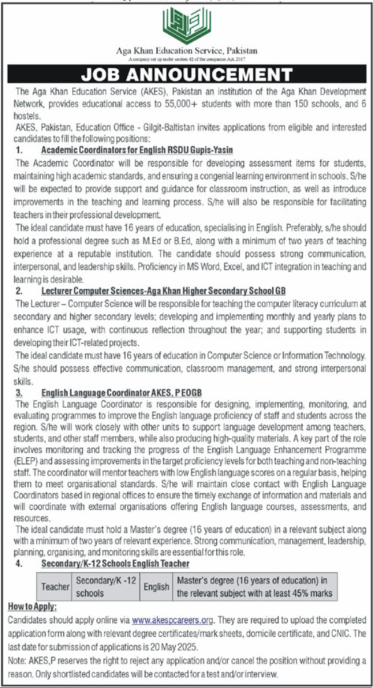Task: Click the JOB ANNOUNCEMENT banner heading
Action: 186,76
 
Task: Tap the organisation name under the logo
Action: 186,50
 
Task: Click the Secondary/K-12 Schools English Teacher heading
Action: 116,564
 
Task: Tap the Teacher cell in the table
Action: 55,588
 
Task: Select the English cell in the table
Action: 156,588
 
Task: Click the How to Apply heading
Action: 32,607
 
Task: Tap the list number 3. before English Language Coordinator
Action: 19,393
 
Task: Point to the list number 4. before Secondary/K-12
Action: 19,564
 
